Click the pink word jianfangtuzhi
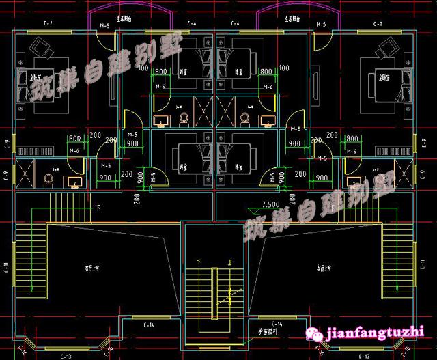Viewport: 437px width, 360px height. (376, 333)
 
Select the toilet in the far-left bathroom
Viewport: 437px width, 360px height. (48, 179)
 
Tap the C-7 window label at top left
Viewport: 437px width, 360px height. (48, 25)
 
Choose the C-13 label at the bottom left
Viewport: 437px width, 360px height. (66, 356)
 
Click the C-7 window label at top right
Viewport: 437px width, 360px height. (378, 25)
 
